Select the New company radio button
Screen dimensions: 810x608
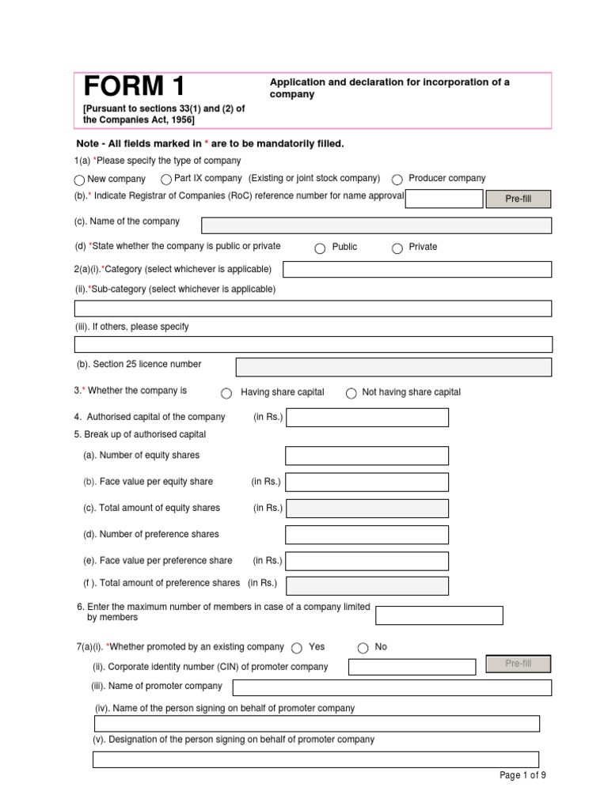tap(79, 180)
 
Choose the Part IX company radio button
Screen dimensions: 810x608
tap(166, 180)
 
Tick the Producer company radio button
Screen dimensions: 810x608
tap(397, 180)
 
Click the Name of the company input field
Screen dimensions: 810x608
tap(376, 225)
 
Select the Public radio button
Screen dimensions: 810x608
tap(320, 248)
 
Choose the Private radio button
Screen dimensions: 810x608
tap(397, 248)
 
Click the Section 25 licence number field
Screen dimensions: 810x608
tap(393, 367)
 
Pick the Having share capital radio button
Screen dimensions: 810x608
tap(226, 393)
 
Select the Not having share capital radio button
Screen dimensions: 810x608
tap(351, 393)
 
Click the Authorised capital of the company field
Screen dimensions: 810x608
tap(367, 417)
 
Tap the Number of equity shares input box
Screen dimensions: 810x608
tap(367, 456)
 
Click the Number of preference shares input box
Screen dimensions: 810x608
tap(367, 535)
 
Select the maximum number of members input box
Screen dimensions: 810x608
tap(439, 615)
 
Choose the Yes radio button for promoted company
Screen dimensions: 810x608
tap(297, 648)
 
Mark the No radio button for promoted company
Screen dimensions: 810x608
tap(363, 648)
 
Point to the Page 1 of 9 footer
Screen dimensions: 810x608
tap(522, 775)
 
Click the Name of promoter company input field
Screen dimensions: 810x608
tap(392, 687)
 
